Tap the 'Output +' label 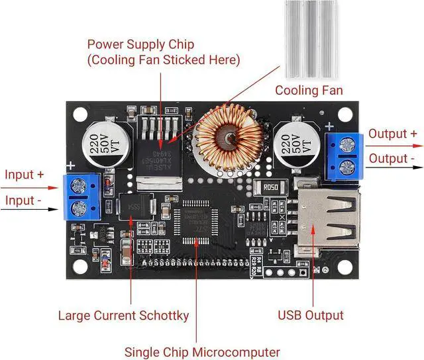393,134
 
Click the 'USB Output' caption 311,315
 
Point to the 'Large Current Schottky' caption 124,316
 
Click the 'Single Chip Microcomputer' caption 203,351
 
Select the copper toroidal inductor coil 229,138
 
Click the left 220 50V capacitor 105,144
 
